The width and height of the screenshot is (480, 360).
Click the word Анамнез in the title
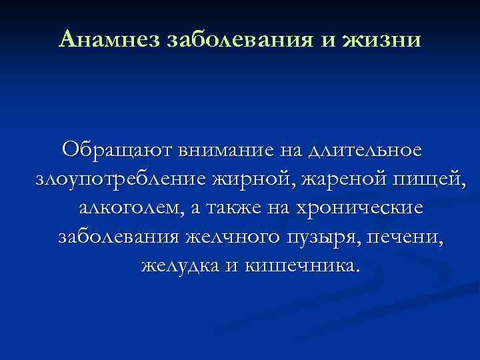point(107,39)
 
